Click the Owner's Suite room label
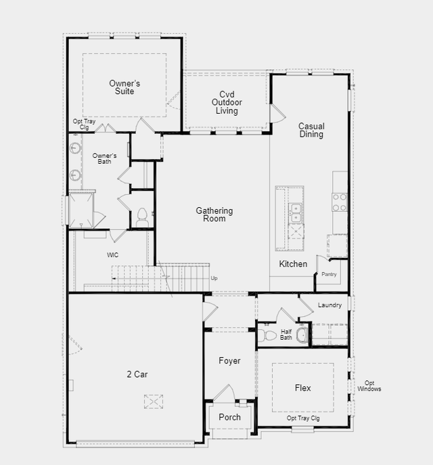pos(124,87)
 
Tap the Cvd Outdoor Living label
pos(227,102)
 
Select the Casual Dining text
pos(311,130)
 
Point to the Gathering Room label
pos(214,215)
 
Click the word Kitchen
pos(293,264)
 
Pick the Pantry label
pos(329,274)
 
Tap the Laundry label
pos(329,305)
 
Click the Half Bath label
pos(286,334)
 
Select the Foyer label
pos(229,361)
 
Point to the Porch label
pos(229,417)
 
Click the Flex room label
pos(303,388)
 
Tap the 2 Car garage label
pos(137,374)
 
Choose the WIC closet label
pos(112,254)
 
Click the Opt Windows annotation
pos(369,386)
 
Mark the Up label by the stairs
pos(214,278)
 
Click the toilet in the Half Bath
pos(267,336)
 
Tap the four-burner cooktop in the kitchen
pos(340,202)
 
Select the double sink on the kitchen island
pos(296,213)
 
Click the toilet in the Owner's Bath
pos(142,218)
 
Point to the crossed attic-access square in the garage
pos(154,401)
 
